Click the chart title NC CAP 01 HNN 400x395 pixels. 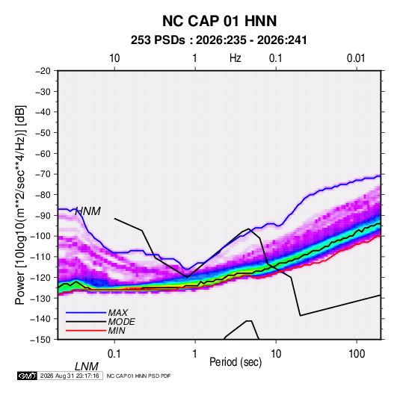[x=219, y=21]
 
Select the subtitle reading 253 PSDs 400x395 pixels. [x=158, y=40]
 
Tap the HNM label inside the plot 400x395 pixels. [x=87, y=211]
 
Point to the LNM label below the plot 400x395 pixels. [x=87, y=367]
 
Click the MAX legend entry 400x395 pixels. [x=118, y=313]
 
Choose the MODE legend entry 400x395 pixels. [x=121, y=322]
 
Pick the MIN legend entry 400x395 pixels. [x=117, y=331]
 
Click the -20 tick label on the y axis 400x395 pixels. [x=43, y=71]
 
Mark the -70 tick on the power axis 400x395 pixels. [x=43, y=174]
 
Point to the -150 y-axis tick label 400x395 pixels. [x=40, y=340]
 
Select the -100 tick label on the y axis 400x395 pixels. [x=40, y=236]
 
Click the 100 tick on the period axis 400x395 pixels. [x=357, y=354]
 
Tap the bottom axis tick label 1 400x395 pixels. [x=195, y=354]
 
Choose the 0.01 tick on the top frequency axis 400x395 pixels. [x=356, y=58]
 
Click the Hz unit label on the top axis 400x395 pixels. [x=236, y=58]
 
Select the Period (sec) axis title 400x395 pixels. [x=236, y=362]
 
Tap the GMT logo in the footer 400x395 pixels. [x=28, y=376]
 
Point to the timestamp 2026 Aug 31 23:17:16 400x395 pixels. [x=70, y=376]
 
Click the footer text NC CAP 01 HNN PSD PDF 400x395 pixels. [x=138, y=376]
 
